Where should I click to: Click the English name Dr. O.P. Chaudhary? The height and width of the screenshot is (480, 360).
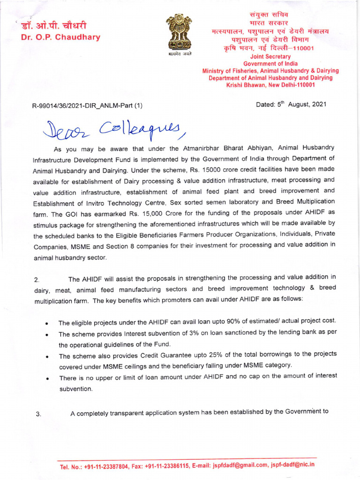click(61, 37)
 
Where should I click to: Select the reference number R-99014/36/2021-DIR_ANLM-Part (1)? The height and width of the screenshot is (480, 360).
click(87, 106)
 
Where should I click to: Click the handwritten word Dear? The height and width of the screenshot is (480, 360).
click(66, 129)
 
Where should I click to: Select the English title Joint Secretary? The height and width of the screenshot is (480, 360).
click(271, 57)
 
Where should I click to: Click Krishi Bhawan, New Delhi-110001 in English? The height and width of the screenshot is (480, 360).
click(270, 85)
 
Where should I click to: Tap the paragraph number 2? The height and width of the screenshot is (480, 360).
click(37, 280)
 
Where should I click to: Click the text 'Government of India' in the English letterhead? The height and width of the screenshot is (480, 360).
click(270, 64)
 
